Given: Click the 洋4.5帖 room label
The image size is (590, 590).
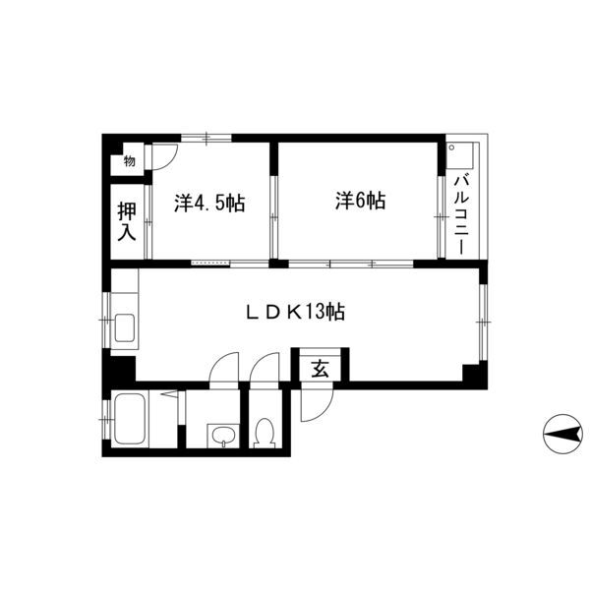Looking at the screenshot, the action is [x=209, y=204].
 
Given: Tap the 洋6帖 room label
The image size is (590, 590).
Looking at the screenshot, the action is [x=360, y=201].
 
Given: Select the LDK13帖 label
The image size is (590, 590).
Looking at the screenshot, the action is [x=295, y=312].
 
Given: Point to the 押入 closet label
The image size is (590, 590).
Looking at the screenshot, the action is [x=127, y=221].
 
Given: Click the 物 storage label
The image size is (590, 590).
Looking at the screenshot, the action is [x=129, y=161].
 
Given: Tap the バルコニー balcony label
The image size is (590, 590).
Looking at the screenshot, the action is [x=462, y=214].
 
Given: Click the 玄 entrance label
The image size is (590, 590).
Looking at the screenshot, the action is [x=321, y=369].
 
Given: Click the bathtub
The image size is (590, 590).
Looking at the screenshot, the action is [x=130, y=419].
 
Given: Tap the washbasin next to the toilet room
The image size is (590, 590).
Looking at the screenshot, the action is [x=224, y=436].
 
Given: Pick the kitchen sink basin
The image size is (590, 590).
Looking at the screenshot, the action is [x=124, y=327].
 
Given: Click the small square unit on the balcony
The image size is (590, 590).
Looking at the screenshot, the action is [x=459, y=156].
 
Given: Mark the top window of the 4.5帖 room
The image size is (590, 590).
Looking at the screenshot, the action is [x=206, y=138].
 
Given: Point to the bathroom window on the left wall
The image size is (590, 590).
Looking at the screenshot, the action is [x=106, y=419].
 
